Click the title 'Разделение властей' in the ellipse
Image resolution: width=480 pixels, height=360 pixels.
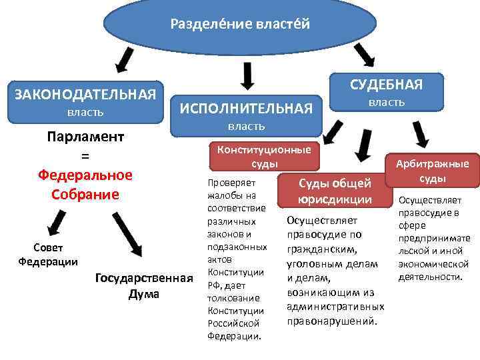click(x=240, y=25)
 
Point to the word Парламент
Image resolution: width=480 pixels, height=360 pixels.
click(x=85, y=137)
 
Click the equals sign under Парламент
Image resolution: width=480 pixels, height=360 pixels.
click(x=85, y=156)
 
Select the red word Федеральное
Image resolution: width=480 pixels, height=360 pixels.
click(x=85, y=175)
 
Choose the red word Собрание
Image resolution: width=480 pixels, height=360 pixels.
click(x=85, y=194)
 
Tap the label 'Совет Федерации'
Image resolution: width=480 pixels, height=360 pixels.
click(x=47, y=255)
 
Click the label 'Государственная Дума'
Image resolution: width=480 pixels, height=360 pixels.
click(x=144, y=285)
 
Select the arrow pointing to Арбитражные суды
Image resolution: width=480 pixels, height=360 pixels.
click(x=421, y=135)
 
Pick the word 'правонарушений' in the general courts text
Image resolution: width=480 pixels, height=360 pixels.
click(x=331, y=321)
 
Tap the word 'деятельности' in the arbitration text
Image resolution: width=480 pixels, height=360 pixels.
click(x=429, y=277)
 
